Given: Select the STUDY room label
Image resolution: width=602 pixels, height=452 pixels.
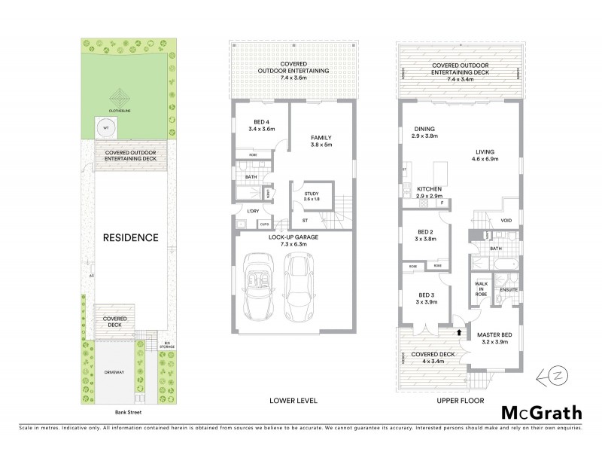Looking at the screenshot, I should pyautogui.click(x=310, y=195).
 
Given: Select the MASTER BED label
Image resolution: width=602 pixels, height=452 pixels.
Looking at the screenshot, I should pyautogui.click(x=496, y=337).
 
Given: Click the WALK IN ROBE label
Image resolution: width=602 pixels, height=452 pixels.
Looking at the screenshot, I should pyautogui.click(x=481, y=289).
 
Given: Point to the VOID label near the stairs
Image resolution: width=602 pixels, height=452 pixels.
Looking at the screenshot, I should pyautogui.click(x=506, y=221).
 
